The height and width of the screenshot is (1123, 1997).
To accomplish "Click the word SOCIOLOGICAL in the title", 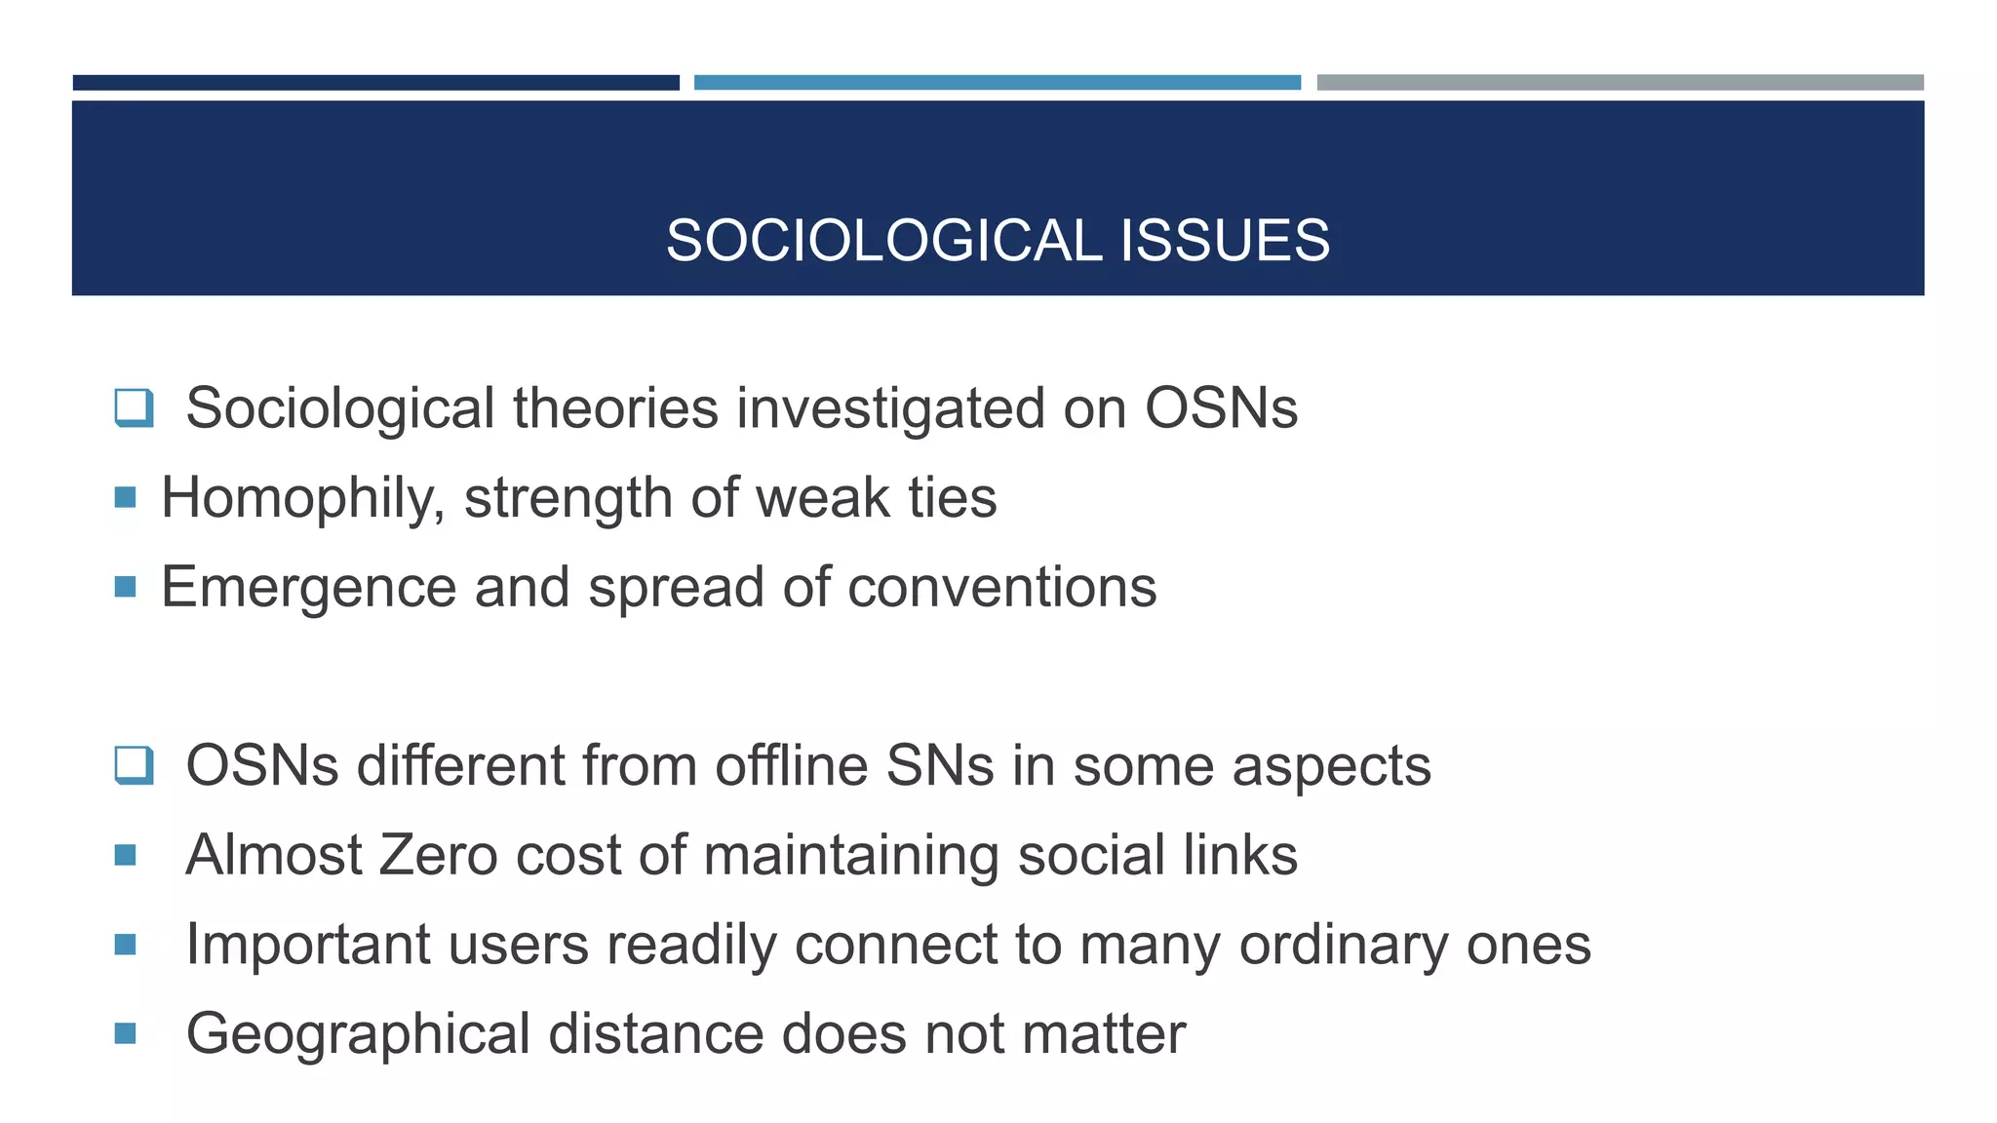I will (883, 241).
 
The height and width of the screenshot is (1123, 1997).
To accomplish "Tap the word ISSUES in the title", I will (1225, 241).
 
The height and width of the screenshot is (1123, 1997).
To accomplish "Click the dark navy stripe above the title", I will (375, 83).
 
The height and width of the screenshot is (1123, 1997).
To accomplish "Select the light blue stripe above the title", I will (997, 83).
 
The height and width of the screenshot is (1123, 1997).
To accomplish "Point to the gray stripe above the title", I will (1620, 83).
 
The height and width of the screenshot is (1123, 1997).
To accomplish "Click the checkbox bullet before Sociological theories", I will (134, 407).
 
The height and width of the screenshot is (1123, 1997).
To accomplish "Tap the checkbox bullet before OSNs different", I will (134, 765).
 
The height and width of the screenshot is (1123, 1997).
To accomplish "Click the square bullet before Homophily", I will (125, 498).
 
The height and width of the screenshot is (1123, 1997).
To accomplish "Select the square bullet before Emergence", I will (125, 587).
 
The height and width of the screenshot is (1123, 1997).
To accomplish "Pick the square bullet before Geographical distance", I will (125, 1033).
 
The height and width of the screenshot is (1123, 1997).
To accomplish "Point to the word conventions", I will (1001, 588).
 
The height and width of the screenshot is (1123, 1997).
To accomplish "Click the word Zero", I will (437, 855).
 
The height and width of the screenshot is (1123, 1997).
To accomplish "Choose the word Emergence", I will (308, 588).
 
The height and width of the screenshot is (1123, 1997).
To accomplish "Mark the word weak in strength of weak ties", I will (822, 498).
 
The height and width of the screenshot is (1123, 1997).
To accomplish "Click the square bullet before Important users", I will (125, 945).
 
